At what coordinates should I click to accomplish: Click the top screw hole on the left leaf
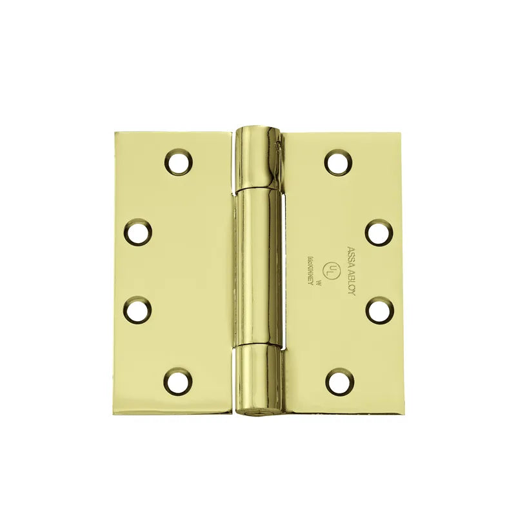pyautogui.click(x=178, y=161)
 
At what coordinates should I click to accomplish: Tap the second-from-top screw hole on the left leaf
pyautogui.click(x=137, y=232)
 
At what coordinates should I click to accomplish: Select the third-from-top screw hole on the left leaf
pyautogui.click(x=137, y=310)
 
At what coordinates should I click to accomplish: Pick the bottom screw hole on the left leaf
pyautogui.click(x=177, y=381)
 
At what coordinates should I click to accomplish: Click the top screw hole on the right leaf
pyautogui.click(x=338, y=161)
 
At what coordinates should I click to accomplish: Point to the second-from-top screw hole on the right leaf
pyautogui.click(x=379, y=232)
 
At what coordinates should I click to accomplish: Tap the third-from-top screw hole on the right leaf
pyautogui.click(x=379, y=310)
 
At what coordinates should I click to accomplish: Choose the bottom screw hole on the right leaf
pyautogui.click(x=339, y=381)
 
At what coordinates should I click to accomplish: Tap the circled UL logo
pyautogui.click(x=332, y=267)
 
